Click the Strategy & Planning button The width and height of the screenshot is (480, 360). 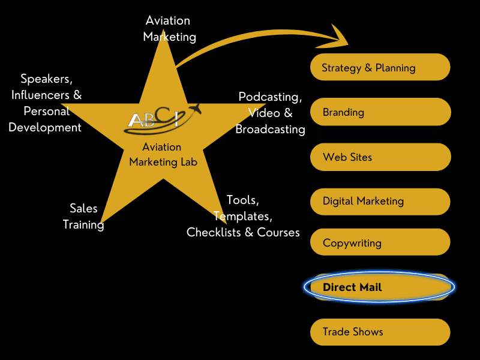click(x=379, y=68)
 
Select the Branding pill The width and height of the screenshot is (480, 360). click(x=379, y=112)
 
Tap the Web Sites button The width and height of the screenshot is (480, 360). click(x=379, y=157)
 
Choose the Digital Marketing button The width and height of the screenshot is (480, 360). click(x=379, y=202)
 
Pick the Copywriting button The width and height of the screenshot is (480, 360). click(x=379, y=243)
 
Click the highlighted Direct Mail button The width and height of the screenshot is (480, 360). click(x=379, y=287)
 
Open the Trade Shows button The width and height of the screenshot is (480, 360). click(x=379, y=332)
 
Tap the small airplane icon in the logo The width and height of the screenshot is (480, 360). click(x=194, y=110)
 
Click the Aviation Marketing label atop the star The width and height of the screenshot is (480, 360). click(x=169, y=28)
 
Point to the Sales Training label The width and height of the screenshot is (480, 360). click(x=83, y=216)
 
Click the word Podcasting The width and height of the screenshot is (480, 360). click(x=270, y=97)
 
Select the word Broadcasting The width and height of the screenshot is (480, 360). click(x=270, y=129)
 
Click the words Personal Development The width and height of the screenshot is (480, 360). click(x=45, y=119)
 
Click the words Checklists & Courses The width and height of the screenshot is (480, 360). click(x=243, y=232)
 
